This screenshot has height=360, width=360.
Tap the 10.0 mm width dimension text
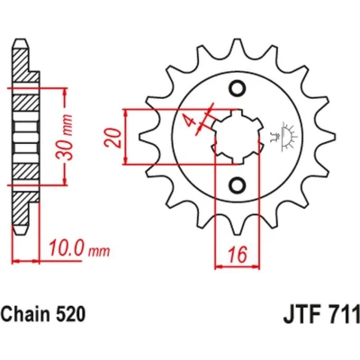[79, 248]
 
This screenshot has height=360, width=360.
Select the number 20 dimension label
[113, 138]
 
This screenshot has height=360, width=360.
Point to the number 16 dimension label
[238, 255]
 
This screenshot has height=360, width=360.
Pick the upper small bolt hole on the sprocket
[238, 88]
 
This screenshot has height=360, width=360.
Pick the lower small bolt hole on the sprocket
[238, 184]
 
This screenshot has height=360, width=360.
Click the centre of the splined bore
[238, 137]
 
